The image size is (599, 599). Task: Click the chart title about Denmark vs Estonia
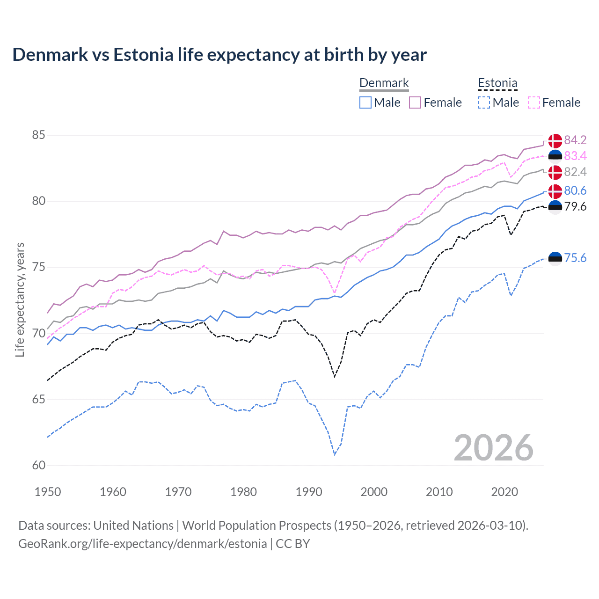click(x=219, y=55)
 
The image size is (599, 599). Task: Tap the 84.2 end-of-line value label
click(x=575, y=140)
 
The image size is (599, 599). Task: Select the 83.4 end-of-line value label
click(x=575, y=156)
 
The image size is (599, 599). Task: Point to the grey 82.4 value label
click(x=575, y=172)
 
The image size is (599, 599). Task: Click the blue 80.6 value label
click(x=575, y=190)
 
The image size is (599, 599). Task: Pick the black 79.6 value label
click(x=575, y=206)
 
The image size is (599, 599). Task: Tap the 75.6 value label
click(x=575, y=258)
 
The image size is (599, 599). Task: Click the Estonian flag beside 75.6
click(x=555, y=258)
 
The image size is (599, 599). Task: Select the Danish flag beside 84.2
click(x=555, y=140)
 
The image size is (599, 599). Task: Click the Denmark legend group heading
click(x=384, y=83)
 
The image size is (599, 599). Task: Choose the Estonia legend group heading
click(x=497, y=83)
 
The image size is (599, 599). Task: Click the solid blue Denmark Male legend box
click(x=365, y=102)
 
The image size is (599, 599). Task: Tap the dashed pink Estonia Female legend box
click(x=533, y=102)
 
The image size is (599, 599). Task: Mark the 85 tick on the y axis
click(x=38, y=135)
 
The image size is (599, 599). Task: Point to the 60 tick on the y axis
click(x=38, y=465)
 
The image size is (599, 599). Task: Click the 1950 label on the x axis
click(x=48, y=492)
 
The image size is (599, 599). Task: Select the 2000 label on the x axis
click(x=374, y=492)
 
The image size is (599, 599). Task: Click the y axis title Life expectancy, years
click(x=20, y=299)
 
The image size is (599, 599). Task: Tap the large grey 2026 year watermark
click(x=493, y=448)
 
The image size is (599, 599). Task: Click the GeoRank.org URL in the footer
click(x=142, y=544)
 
